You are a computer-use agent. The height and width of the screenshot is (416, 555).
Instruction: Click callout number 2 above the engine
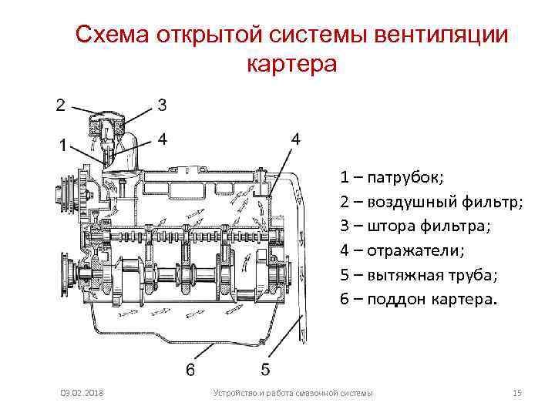[x=60, y=105]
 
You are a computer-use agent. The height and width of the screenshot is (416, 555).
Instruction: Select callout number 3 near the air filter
[x=162, y=105]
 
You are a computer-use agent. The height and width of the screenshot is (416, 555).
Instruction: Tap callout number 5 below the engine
[x=264, y=370]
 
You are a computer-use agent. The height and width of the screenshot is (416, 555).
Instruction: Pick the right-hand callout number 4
[x=296, y=139]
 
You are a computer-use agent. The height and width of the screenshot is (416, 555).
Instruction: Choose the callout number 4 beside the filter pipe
[x=162, y=139]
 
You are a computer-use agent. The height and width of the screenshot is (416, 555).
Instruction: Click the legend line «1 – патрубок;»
[x=392, y=179]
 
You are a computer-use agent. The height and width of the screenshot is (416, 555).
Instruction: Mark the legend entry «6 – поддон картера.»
[x=419, y=299]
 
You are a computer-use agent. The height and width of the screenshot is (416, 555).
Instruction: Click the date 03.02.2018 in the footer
[x=84, y=394]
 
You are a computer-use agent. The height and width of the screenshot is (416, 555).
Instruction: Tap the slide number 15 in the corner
[x=517, y=394]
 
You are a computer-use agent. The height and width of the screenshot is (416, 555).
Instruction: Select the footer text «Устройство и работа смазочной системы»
[x=292, y=394]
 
